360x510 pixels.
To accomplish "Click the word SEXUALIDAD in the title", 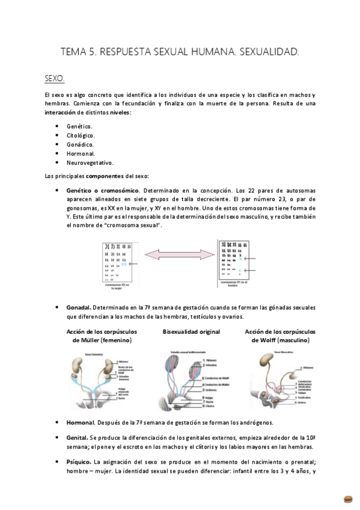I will pos(269,53).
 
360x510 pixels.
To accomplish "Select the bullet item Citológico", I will pos(81,135).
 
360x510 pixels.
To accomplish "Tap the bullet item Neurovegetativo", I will pos(90,162).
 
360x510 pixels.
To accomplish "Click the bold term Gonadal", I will pos(78,307).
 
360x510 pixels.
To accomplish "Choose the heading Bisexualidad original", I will pos(191,331).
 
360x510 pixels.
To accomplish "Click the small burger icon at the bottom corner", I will pos(347,499).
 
